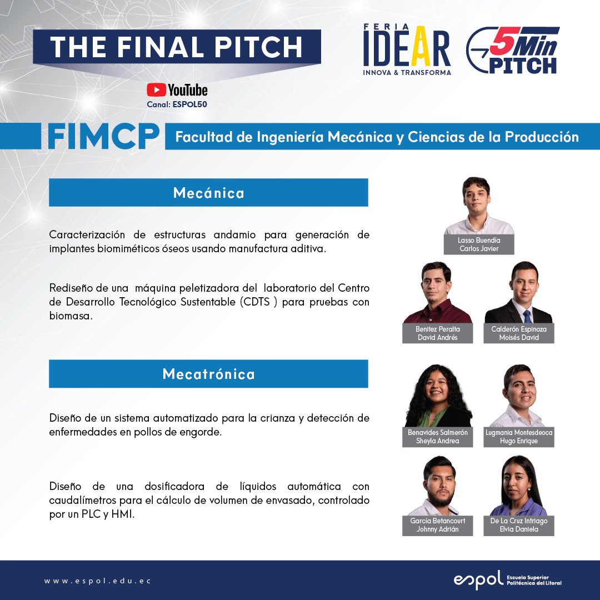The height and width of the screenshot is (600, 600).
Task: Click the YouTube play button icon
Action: pos(156,90)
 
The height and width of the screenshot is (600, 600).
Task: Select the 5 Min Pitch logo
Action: pos(512,51)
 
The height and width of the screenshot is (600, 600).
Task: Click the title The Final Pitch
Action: pos(177,47)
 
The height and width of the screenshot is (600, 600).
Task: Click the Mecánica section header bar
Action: pos(208,193)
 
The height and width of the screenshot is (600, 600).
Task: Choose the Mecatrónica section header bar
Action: pos(208,374)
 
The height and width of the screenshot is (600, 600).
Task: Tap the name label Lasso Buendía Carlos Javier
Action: pos(479,244)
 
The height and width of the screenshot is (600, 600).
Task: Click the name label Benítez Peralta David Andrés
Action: pos(438,333)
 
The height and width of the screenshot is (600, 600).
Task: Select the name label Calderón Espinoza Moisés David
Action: pos(519,333)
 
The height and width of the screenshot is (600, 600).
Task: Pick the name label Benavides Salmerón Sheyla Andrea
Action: pos(438,437)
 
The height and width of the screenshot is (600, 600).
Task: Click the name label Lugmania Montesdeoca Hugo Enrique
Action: pos(519,437)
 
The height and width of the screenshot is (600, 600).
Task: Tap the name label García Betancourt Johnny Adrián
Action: pos(438,525)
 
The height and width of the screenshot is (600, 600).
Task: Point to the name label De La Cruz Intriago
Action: pos(519,521)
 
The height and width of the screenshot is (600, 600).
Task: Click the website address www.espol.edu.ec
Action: pos(98,581)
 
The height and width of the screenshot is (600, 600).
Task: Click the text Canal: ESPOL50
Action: pos(177,104)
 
